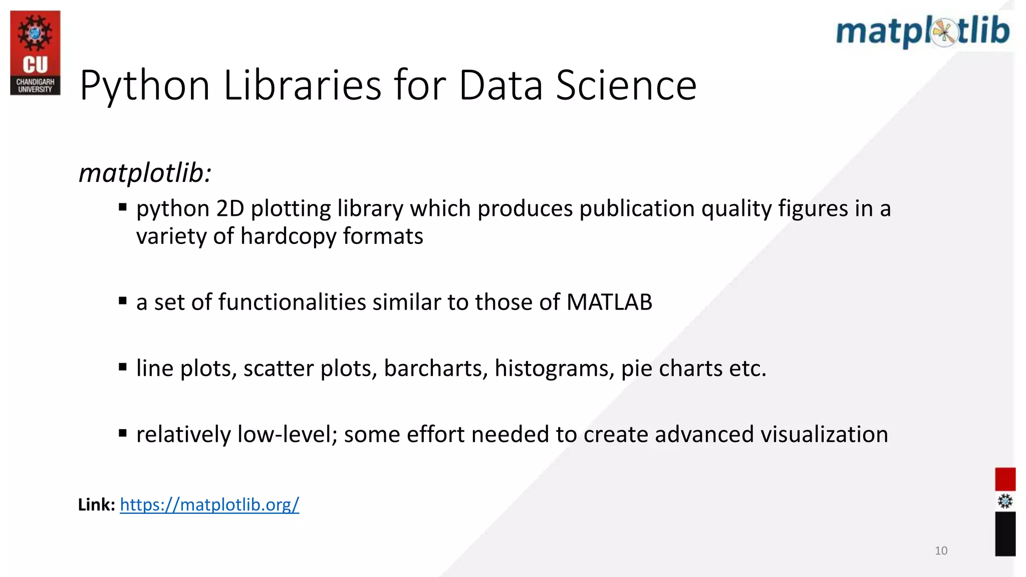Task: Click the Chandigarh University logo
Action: coord(35,53)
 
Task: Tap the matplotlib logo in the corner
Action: coord(923,31)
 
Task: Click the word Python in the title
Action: coord(144,86)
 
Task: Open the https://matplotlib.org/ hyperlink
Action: coord(209,504)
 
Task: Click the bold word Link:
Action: coord(97,504)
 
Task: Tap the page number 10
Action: coord(941,551)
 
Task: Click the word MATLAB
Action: coord(609,302)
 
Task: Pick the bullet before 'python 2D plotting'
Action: coord(123,207)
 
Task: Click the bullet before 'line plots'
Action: coord(123,367)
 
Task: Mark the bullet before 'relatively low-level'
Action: coord(123,433)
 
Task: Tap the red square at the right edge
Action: coord(1005,479)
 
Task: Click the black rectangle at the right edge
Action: coord(1005,533)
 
